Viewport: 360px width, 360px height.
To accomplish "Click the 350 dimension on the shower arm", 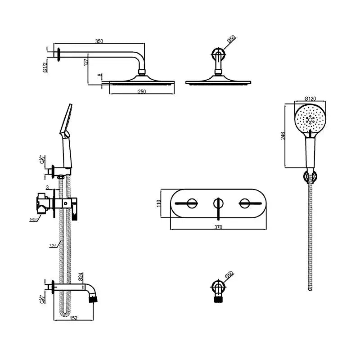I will point(99,41).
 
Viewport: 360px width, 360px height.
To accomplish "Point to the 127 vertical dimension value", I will point(85,62).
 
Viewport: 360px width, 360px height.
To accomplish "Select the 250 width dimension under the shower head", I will point(142,91).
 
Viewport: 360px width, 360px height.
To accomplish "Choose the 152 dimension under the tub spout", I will point(73,318).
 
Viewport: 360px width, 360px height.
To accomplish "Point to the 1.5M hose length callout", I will point(52,245).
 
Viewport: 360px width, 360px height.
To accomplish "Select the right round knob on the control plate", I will point(245,203).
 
